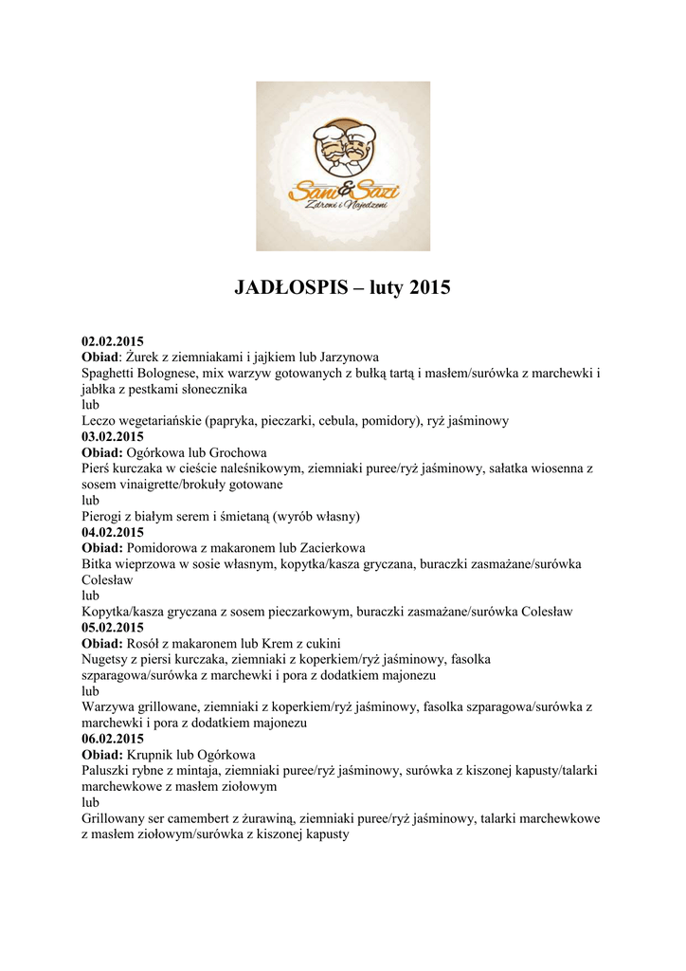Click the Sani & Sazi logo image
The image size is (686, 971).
click(x=343, y=166)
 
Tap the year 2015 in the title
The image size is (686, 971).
click(x=430, y=287)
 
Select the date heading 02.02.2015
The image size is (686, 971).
click(x=113, y=340)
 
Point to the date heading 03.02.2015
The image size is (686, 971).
click(x=113, y=436)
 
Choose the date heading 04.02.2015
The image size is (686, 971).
click(x=113, y=532)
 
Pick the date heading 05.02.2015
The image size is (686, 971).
click(x=113, y=628)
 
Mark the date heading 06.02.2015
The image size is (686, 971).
click(x=113, y=739)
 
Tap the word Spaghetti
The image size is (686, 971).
click(x=112, y=373)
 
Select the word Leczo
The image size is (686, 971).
click(x=99, y=420)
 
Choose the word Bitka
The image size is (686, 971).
click(x=99, y=564)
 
